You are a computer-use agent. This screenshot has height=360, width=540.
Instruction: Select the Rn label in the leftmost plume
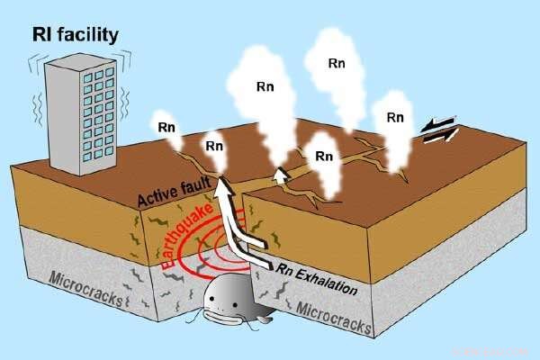(166, 126)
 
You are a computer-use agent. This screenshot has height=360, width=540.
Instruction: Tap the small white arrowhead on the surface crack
(282, 174)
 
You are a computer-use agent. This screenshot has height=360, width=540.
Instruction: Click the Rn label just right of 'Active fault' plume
(214, 145)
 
